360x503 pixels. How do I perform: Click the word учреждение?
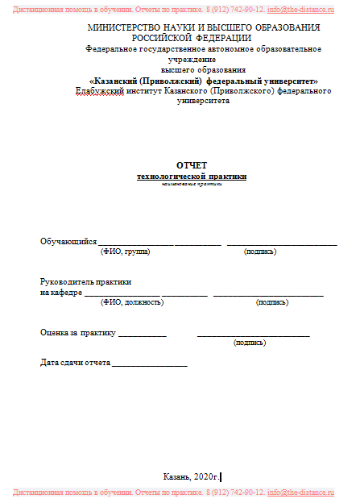192,59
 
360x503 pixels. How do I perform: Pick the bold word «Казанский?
121,81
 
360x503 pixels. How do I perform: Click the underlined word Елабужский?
96,91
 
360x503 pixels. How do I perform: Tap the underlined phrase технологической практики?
192,176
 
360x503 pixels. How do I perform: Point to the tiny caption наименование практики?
192,185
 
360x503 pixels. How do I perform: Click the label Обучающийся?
68,241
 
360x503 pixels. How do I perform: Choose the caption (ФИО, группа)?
125,251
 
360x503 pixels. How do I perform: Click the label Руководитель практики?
85,281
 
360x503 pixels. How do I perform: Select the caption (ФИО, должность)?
131,302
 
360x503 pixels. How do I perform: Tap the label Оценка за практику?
78,332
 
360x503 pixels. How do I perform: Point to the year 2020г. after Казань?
206,476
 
